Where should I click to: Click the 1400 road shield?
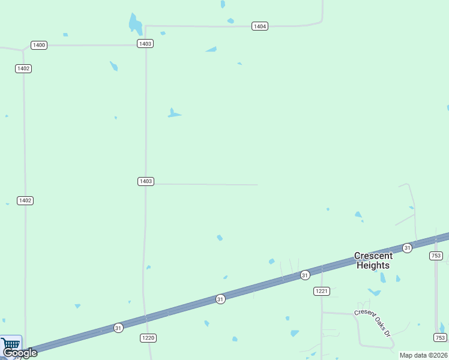tap(39, 45)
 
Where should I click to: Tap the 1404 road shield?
tap(260, 26)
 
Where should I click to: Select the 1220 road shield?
tap(148, 338)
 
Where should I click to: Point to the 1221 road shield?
tap(322, 291)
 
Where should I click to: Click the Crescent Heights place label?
tap(373, 260)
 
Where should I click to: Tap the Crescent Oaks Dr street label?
tap(372, 322)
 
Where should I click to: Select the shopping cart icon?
tap(11, 344)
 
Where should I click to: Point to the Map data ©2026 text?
tap(424, 355)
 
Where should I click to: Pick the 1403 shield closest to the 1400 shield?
tap(145, 44)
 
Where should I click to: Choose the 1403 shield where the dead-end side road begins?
tap(146, 181)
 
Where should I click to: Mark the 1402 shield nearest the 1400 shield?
tap(23, 68)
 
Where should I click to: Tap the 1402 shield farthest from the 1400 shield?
tap(25, 200)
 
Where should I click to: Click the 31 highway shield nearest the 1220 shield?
tap(118, 328)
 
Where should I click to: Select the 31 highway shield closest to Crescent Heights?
tap(407, 248)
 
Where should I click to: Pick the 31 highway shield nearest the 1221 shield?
tap(305, 275)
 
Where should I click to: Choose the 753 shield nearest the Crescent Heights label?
tap(436, 256)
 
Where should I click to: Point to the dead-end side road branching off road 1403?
tap(204, 184)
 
